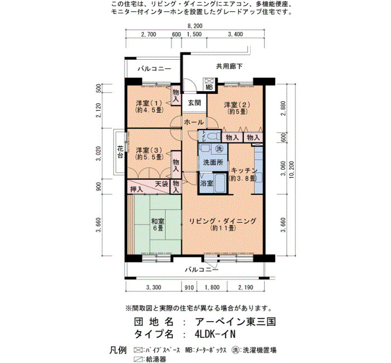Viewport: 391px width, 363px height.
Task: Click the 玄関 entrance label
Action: (x=194, y=103)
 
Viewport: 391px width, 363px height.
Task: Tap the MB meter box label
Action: (x=209, y=88)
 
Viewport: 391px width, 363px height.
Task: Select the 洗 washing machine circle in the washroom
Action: (x=219, y=149)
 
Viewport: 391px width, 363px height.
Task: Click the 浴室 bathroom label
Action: (x=207, y=183)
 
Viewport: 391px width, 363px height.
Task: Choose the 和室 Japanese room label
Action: (x=158, y=221)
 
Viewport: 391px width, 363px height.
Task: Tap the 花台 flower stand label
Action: (x=120, y=152)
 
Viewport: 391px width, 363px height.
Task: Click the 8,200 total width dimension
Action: (x=195, y=26)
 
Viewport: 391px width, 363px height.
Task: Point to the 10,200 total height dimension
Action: (x=291, y=170)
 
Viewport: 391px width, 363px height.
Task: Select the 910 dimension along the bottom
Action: (x=189, y=288)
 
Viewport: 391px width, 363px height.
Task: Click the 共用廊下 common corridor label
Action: (x=229, y=66)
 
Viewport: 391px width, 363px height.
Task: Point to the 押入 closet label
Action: (x=136, y=189)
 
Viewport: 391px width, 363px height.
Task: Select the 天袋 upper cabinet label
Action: (x=161, y=184)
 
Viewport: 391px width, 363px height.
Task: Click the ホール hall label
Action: (x=194, y=122)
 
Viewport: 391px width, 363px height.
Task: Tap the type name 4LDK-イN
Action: (x=215, y=334)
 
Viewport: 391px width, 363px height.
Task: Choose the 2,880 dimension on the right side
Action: (x=283, y=109)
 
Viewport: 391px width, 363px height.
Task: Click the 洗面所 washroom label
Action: (x=213, y=163)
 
